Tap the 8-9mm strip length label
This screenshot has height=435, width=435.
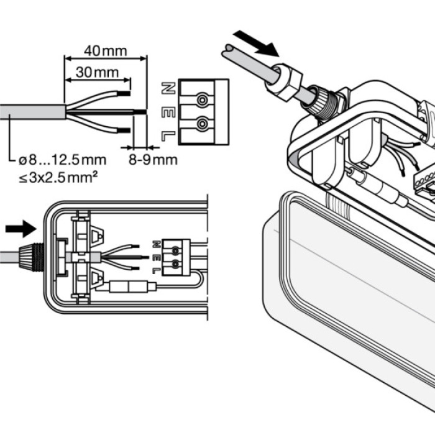tap(153, 160)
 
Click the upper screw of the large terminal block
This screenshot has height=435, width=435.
tap(201, 100)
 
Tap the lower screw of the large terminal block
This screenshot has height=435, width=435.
tap(201, 125)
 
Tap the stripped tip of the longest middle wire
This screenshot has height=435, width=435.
tap(141, 112)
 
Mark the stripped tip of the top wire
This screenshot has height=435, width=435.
tap(126, 94)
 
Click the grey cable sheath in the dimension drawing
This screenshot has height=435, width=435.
tap(31, 112)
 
